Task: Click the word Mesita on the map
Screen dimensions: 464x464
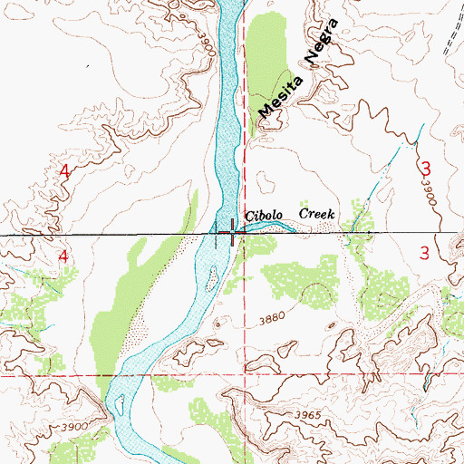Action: [277, 95]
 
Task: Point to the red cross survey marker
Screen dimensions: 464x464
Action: [232, 235]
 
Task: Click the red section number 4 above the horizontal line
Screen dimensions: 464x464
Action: [63, 171]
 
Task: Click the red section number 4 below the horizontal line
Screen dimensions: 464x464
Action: [63, 257]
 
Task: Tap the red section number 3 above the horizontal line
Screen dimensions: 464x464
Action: [425, 168]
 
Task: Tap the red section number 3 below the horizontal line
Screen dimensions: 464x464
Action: [425, 254]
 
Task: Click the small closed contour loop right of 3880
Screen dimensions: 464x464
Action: [314, 292]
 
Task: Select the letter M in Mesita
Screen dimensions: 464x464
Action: [265, 111]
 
